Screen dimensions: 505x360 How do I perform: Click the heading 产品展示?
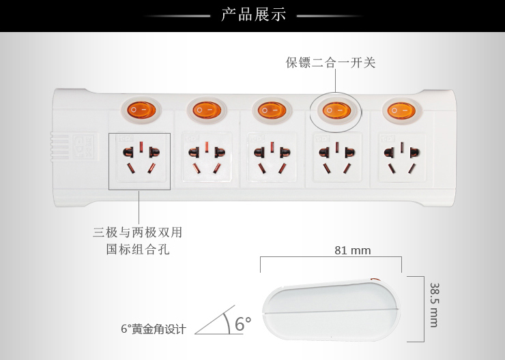tap(253, 15)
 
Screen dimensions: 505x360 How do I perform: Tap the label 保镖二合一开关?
tap(330, 63)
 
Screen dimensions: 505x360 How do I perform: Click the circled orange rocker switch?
tap(336, 110)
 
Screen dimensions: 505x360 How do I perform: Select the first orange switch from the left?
tap(141, 110)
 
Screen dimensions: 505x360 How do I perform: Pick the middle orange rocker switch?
tap(272, 110)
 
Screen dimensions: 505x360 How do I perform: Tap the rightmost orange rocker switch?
tap(401, 111)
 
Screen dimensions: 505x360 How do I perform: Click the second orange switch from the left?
tap(207, 110)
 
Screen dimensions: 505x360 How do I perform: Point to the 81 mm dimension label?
tap(353, 250)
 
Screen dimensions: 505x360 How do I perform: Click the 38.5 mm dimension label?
tap(435, 305)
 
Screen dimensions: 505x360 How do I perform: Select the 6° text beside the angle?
tap(243, 324)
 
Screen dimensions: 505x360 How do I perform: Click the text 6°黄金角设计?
tap(154, 329)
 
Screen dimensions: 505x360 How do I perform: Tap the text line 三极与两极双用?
tap(138, 232)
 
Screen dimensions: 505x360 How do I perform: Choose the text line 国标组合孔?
tap(138, 250)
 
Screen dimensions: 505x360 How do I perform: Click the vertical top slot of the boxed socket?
tap(141, 147)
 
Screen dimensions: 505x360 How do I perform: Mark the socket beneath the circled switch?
tap(337, 157)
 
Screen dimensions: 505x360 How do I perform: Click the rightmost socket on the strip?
tap(402, 157)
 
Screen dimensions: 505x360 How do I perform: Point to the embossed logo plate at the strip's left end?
tap(85, 147)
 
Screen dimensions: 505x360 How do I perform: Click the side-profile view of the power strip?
tap(332, 310)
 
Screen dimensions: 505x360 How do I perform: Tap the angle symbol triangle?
tap(219, 320)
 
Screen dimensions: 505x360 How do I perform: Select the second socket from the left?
tap(207, 157)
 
